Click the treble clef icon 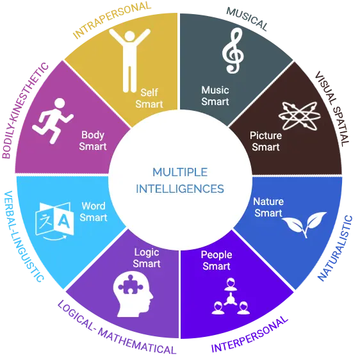233,51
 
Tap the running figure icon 53,120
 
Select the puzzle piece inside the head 130,285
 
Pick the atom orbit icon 300,116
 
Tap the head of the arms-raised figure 129,37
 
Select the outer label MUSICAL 247,19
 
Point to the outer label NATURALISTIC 335,249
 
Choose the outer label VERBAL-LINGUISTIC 23,236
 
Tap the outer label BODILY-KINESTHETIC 25,111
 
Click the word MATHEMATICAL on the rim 137,343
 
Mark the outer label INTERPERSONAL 249,334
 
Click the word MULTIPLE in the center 180,172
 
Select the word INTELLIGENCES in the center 180,189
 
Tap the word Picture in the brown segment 266,136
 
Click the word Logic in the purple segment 147,253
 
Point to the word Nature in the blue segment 268,202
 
